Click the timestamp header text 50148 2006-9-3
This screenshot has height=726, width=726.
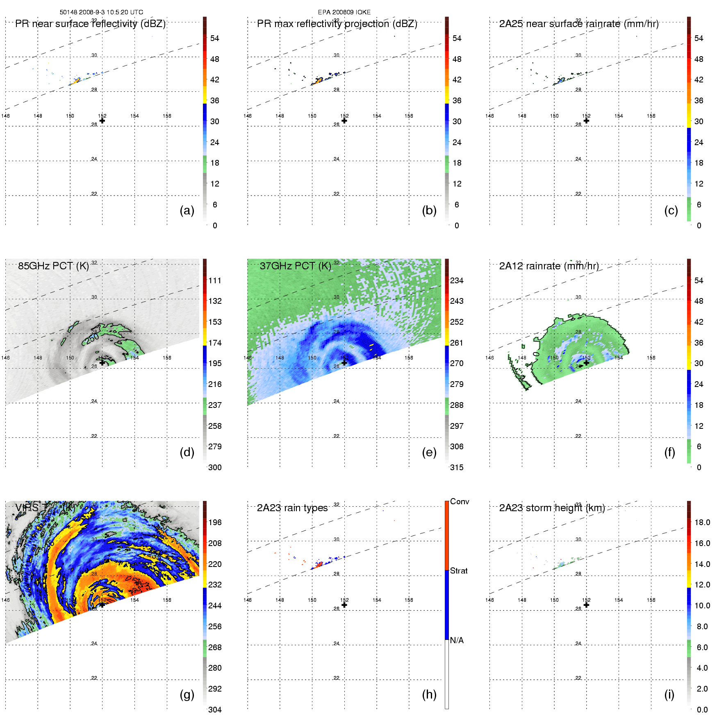101,12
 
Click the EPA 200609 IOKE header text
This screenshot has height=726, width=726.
344,12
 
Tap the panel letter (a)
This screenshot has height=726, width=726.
187,210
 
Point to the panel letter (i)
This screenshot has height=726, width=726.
669,694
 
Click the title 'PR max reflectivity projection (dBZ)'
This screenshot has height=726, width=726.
337,24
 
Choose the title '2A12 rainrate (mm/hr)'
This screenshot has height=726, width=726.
548,266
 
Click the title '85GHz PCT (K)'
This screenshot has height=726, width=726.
53,266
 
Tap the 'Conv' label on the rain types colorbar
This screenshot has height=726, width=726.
460,501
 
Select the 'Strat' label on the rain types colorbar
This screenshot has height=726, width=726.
459,571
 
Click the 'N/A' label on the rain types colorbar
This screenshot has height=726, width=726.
457,640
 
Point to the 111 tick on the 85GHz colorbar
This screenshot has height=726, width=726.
215,280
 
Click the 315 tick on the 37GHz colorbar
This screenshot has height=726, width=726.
457,467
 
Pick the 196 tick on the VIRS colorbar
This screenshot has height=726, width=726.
215,522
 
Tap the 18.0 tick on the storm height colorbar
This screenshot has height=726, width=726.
702,522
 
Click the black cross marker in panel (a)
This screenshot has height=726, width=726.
102,121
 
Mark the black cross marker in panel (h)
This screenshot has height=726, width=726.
344,605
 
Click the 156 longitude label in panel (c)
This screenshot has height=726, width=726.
651,116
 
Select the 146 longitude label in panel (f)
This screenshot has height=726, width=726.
489,358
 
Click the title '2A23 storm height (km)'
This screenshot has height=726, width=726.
552,508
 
